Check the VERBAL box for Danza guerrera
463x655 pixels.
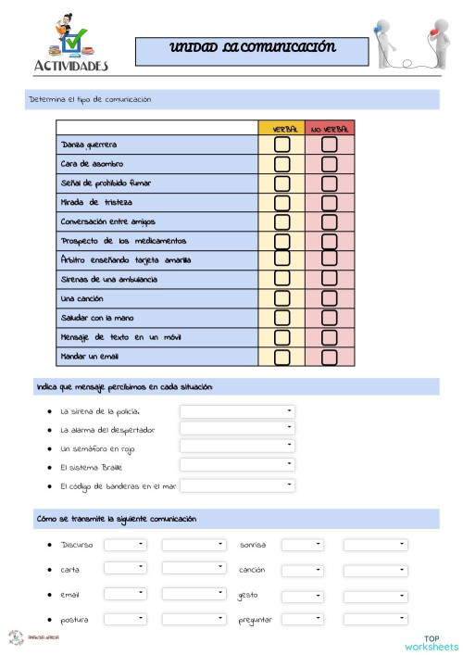[x=282, y=145]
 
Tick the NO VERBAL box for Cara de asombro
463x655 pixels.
[x=329, y=164]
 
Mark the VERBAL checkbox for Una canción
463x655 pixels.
[x=282, y=298]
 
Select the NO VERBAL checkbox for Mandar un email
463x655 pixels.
[x=329, y=357]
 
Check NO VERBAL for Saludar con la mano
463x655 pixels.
[x=329, y=318]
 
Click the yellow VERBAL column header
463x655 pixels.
[x=282, y=129]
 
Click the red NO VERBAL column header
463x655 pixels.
[x=330, y=129]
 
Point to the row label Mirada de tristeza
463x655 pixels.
[x=97, y=203]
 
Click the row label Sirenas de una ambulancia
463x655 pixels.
[x=108, y=279]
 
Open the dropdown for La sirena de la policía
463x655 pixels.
[x=237, y=410]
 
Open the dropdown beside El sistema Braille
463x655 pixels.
[x=237, y=466]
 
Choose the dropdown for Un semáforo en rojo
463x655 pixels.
[x=237, y=447]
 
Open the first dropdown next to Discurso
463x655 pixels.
[x=125, y=545]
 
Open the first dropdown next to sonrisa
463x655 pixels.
[x=302, y=545]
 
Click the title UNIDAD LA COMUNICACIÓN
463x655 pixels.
[x=252, y=48]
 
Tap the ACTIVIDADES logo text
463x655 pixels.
[x=70, y=66]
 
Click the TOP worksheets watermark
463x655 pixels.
[x=431, y=642]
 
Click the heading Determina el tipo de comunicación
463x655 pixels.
[x=90, y=99]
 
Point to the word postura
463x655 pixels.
[x=75, y=619]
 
